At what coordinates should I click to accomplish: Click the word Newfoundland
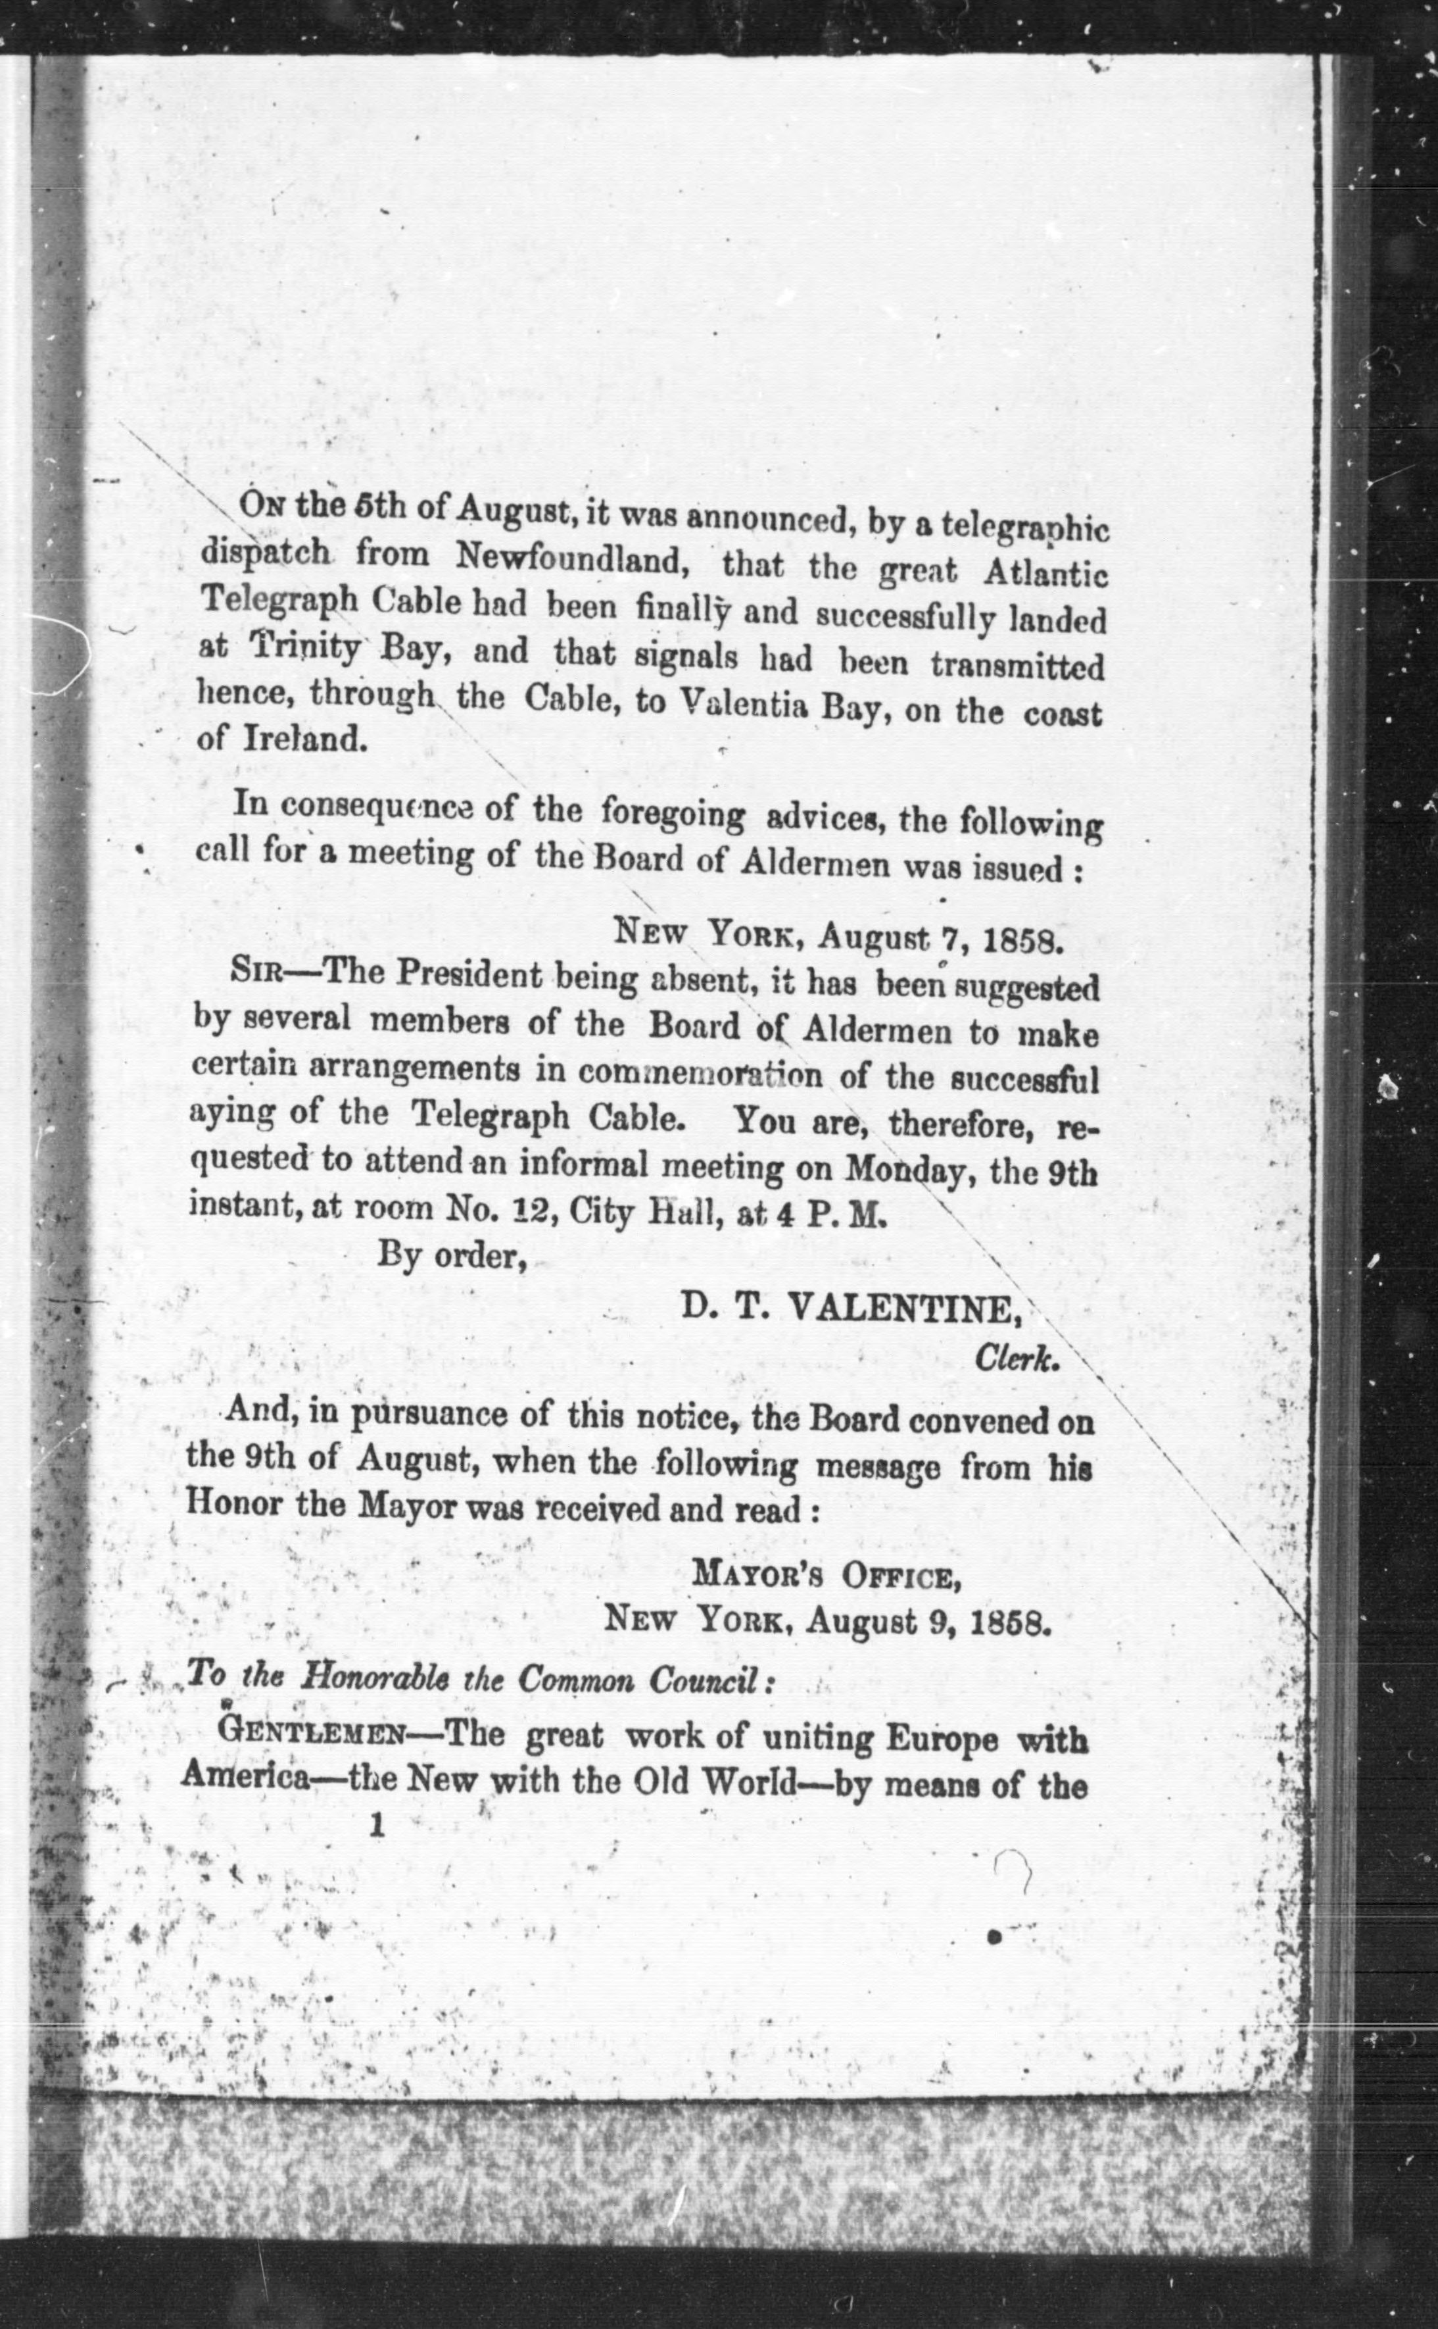571,561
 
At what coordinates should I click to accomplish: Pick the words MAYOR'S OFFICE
826,1579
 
